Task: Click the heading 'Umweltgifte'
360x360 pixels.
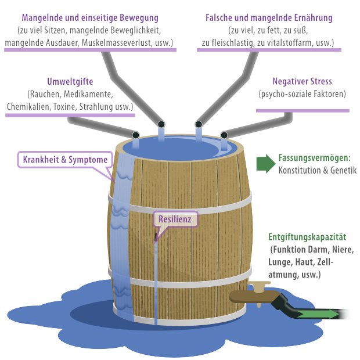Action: click(x=70, y=81)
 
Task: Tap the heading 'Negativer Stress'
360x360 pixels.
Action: click(x=302, y=81)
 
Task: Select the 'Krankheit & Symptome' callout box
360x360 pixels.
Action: click(x=65, y=159)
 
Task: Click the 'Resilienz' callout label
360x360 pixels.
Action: click(x=175, y=219)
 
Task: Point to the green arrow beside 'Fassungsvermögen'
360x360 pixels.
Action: click(x=266, y=164)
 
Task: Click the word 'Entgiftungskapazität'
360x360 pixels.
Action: click(x=307, y=237)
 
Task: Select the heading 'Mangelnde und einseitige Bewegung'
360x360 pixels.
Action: click(x=90, y=17)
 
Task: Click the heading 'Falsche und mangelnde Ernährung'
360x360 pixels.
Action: click(x=269, y=17)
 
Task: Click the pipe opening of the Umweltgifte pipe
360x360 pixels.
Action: click(x=136, y=135)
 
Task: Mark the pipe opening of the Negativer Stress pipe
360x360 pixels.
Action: click(x=224, y=135)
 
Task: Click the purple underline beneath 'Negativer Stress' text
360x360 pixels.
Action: click(x=303, y=111)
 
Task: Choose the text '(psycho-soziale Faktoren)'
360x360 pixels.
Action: click(x=302, y=94)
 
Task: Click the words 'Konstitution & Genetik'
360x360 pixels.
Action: click(x=318, y=170)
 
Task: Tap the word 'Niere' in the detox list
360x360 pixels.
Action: click(x=342, y=250)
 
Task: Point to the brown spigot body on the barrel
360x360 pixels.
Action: click(x=253, y=296)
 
